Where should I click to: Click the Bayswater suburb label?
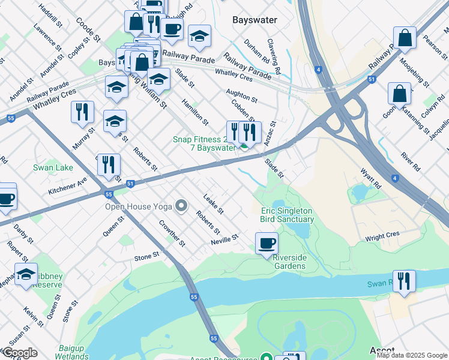point(255,20)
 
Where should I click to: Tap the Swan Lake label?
point(53,168)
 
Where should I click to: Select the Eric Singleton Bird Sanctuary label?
point(286,215)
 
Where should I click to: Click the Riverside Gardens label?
point(290,262)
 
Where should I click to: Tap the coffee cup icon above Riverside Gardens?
point(267,244)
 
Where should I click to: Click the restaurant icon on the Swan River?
point(404,281)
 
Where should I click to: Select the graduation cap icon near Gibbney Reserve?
point(26,274)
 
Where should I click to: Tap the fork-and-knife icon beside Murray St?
point(82,112)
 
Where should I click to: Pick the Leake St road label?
point(213,204)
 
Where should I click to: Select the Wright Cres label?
point(382,236)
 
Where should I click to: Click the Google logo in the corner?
point(19,353)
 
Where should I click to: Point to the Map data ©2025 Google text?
point(412,355)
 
